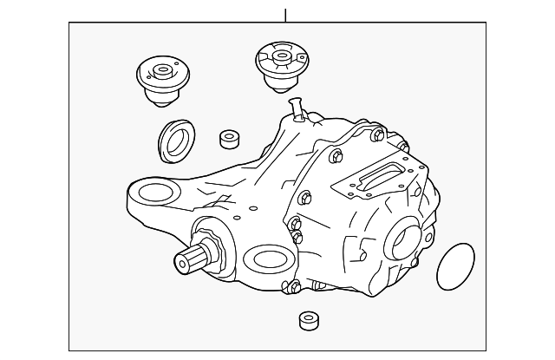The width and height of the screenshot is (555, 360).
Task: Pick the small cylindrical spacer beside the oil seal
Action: (231, 140)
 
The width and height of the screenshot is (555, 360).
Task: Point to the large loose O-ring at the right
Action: (454, 267)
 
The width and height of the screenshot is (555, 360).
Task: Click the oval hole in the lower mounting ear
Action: (265, 259)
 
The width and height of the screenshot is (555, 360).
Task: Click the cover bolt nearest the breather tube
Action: (335, 156)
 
